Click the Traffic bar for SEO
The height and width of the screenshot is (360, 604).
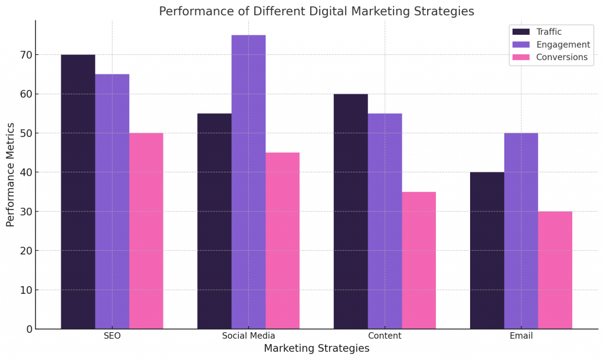tap(78, 192)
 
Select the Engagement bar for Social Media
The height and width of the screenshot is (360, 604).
tap(248, 182)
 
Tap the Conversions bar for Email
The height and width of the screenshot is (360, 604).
tap(555, 270)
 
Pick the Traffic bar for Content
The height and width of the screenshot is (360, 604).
tap(350, 211)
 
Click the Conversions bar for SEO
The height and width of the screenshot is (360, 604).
tap(146, 231)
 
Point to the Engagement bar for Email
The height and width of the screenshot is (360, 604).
tap(521, 231)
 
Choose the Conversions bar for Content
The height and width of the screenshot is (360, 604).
tap(419, 260)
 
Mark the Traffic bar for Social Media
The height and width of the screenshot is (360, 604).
tap(214, 221)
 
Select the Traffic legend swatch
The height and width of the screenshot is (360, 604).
tap(521, 32)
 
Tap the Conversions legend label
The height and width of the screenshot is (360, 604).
tap(562, 57)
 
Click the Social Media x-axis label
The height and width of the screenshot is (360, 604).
tap(248, 336)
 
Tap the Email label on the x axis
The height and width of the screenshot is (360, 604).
tap(521, 336)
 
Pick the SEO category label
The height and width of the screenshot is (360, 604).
tap(112, 336)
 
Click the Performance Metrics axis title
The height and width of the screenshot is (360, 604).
tap(11, 175)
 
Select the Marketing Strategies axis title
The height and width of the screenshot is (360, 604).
tap(316, 349)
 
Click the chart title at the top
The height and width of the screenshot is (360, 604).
tap(316, 11)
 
